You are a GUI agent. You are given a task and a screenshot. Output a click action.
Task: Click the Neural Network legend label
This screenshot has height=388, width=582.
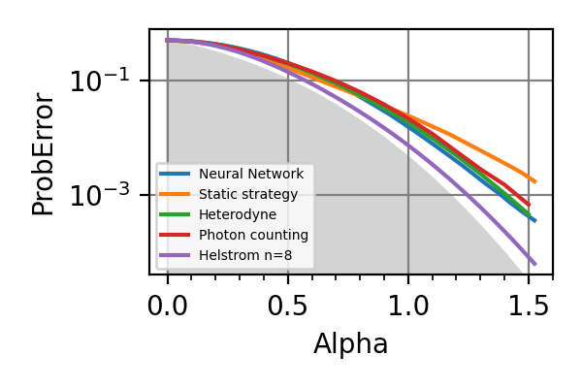(251, 174)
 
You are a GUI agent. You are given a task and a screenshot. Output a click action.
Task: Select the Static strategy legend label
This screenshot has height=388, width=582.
(248, 195)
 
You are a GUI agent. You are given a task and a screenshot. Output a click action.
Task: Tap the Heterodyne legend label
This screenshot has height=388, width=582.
(238, 215)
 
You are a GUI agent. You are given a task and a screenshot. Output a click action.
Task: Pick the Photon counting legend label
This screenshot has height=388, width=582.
(253, 236)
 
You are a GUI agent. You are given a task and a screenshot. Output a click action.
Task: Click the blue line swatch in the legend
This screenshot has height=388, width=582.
(176, 174)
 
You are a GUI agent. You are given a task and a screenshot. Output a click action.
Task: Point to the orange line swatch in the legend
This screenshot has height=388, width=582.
(176, 195)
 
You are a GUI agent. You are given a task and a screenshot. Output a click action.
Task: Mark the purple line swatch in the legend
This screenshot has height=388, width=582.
(176, 256)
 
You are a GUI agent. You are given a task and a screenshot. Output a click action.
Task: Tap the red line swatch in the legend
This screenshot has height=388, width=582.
(176, 236)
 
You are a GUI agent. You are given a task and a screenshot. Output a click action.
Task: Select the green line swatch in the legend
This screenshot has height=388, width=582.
(176, 215)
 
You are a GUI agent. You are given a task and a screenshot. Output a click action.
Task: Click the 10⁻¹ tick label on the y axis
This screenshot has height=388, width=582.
(97, 81)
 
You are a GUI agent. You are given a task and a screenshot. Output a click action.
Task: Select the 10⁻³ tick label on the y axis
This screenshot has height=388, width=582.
(97, 195)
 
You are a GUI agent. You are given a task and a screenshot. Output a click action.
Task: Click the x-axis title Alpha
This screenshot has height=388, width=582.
(350, 343)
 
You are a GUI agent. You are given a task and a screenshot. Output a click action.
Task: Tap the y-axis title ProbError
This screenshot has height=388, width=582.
(44, 153)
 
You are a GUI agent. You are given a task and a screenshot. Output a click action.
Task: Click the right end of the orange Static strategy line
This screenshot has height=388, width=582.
(534, 181)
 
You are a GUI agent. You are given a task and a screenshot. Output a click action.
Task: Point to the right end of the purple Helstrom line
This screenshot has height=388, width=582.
(534, 264)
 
